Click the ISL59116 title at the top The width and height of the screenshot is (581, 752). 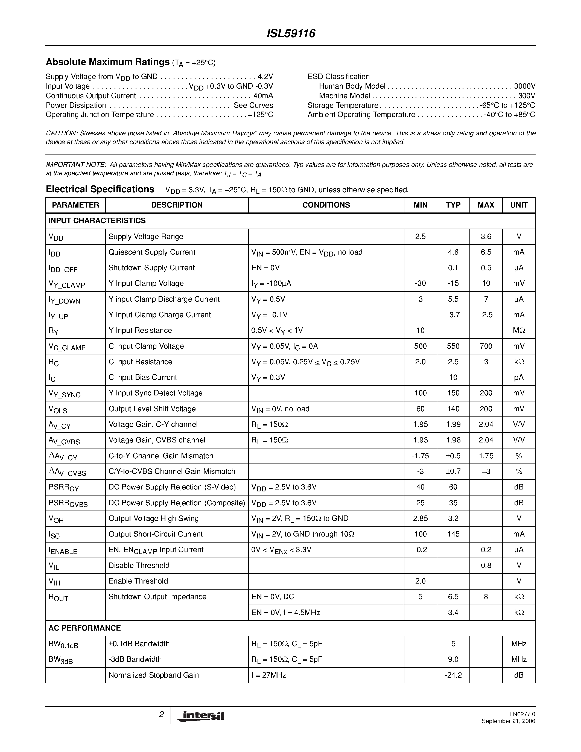click(291, 34)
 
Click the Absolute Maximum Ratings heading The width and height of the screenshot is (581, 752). click(107, 62)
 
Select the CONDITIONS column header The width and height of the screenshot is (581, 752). click(326, 205)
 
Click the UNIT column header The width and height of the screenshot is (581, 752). click(518, 205)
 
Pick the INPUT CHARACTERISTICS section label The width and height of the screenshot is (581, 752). click(97, 221)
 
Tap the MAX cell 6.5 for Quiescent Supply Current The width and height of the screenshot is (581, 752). click(486, 252)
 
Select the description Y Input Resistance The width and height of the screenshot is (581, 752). click(140, 331)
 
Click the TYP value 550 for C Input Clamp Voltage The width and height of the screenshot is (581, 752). click(453, 346)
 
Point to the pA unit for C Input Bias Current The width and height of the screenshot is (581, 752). click(518, 378)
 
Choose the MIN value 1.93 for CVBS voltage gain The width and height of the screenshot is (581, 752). click(420, 440)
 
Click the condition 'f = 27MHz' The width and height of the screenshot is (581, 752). click(268, 675)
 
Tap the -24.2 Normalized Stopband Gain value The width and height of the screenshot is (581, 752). click(453, 675)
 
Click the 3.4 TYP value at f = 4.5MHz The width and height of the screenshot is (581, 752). click(453, 613)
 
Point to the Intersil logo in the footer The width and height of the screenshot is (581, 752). click(201, 716)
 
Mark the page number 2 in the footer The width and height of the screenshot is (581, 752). click(161, 715)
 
